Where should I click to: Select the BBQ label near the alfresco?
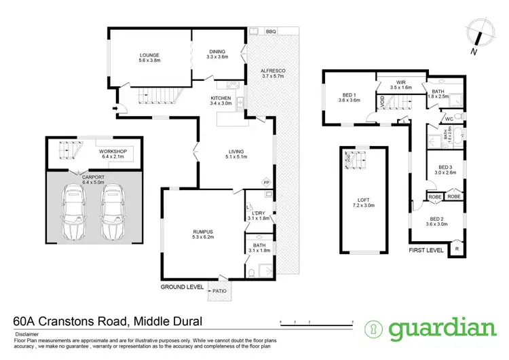[270, 31]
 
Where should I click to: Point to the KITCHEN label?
[221, 98]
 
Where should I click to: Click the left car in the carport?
[73, 213]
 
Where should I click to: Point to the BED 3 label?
[445, 167]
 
